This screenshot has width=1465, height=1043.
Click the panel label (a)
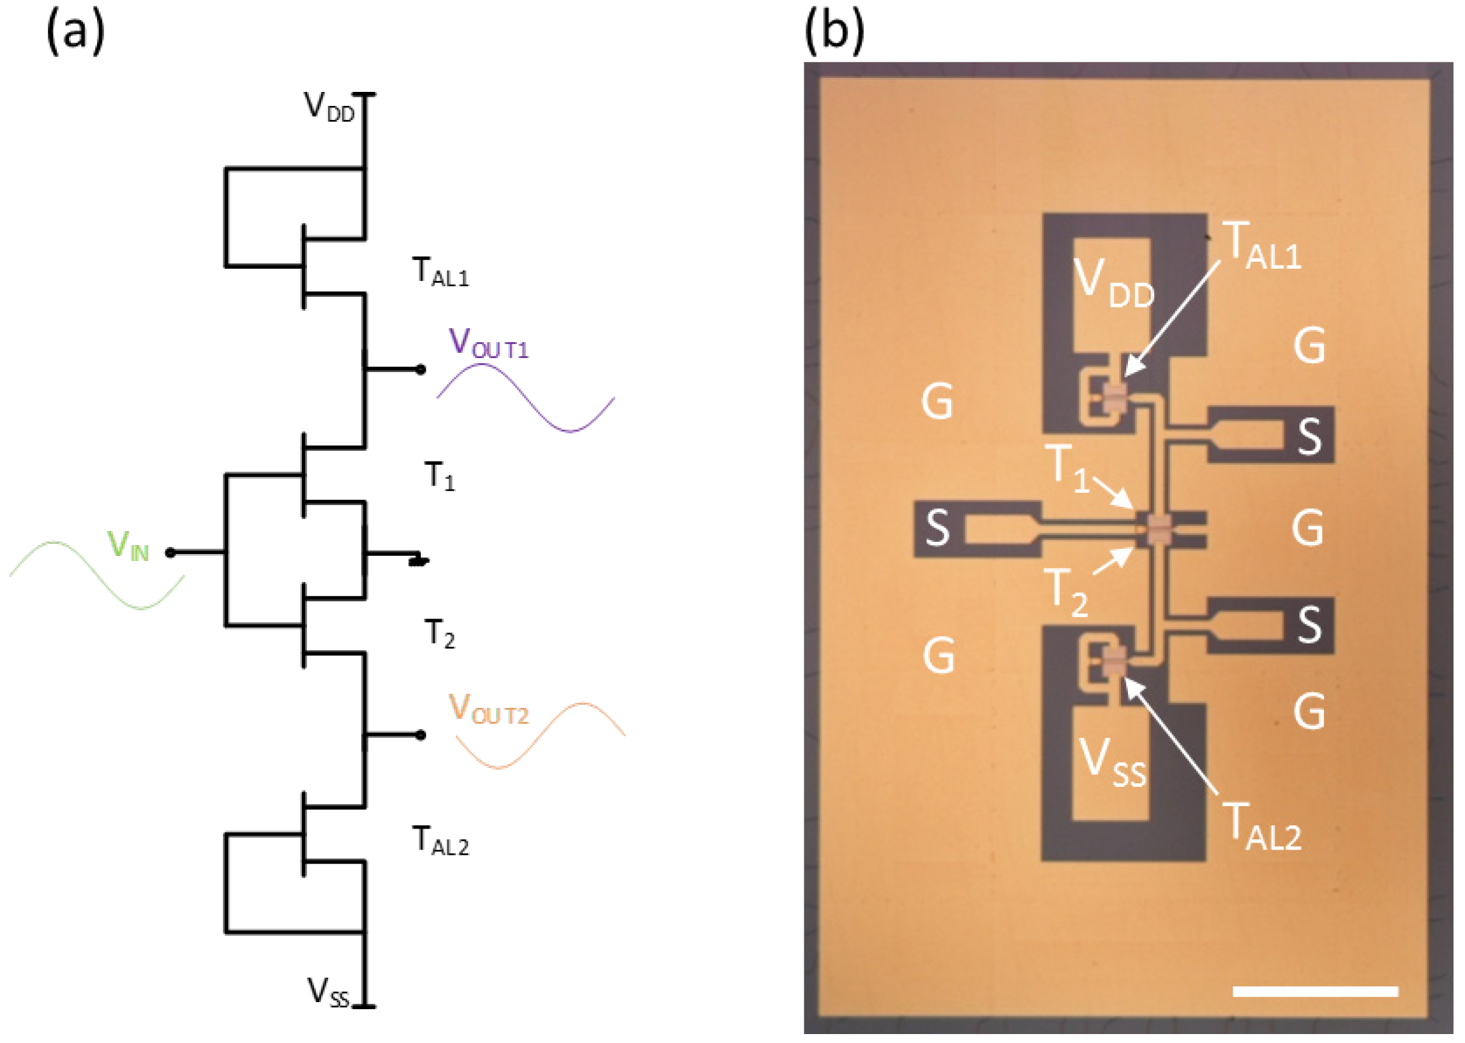[76, 32]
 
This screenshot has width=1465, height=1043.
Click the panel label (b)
[834, 32]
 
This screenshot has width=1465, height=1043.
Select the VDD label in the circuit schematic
[329, 107]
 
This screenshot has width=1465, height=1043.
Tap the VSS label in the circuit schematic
[328, 992]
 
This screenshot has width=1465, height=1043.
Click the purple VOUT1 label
[489, 343]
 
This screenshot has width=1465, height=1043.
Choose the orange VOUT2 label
[489, 709]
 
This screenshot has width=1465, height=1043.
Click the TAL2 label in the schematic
[440, 841]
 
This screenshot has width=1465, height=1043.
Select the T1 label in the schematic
[440, 477]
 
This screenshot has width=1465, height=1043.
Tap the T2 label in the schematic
[440, 634]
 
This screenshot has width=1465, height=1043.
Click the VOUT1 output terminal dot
[420, 370]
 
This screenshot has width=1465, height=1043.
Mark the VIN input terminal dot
[170, 552]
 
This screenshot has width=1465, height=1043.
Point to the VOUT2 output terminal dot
[420, 735]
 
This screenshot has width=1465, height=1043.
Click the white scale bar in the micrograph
[1316, 992]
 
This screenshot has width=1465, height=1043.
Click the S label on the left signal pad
[938, 528]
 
